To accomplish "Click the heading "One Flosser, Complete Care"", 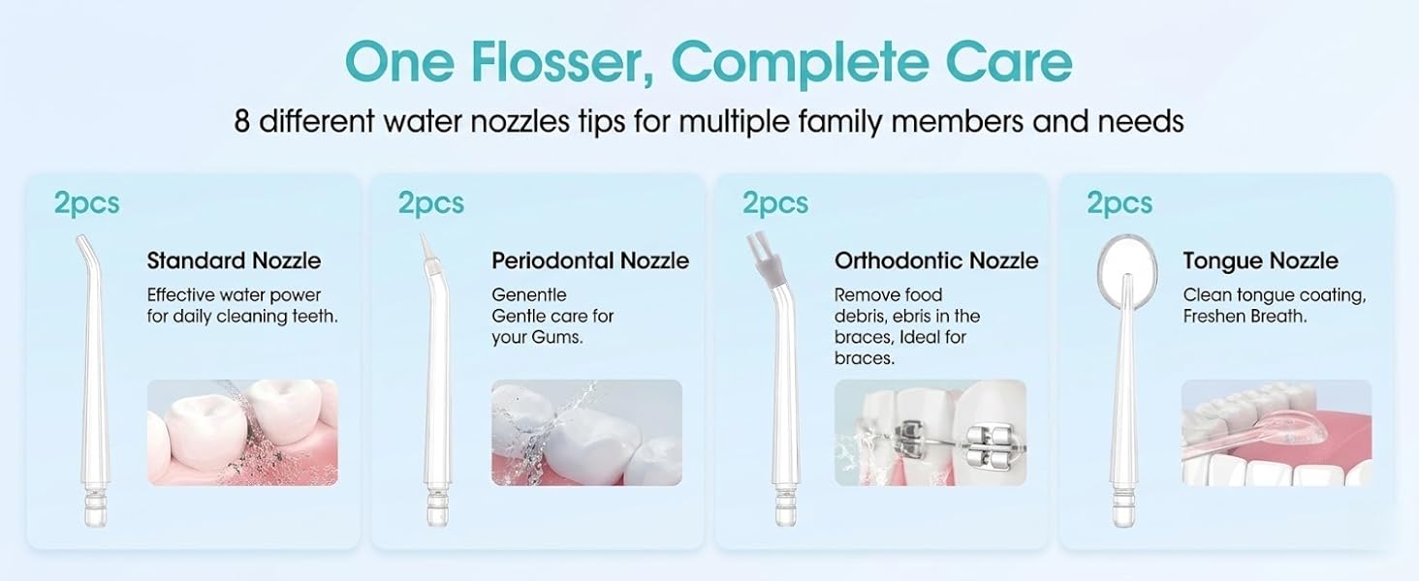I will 709,61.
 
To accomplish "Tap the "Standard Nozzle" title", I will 234,260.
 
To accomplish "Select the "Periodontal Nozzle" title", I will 590,260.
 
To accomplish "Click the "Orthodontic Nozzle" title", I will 936,260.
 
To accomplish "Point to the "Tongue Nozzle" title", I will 1260,260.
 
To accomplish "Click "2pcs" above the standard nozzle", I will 87,203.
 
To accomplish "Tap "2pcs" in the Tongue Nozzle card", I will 1119,203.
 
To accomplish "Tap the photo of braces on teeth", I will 930,432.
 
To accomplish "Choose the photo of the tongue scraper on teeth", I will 1276,432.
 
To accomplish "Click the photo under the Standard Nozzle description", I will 242,432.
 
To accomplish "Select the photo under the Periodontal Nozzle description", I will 586,432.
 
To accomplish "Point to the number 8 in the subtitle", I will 241,122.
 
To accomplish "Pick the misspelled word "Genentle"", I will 529,294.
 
